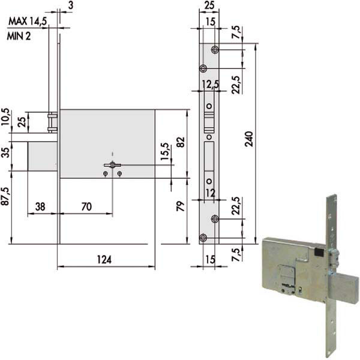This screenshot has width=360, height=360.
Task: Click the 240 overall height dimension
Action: coord(249,139)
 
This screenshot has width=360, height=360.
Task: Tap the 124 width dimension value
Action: coord(104,260)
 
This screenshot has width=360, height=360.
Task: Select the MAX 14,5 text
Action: coord(28,22)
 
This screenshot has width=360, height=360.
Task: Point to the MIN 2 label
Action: coord(19,36)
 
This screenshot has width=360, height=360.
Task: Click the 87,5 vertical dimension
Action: coord(6,196)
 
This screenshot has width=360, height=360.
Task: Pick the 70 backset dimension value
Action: coord(86,206)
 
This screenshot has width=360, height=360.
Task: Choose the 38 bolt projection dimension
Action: coord(40,206)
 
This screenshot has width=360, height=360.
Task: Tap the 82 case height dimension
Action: coord(181,142)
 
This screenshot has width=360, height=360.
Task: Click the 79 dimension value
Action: coord(181,206)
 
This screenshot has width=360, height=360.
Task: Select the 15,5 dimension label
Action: coord(165,152)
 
